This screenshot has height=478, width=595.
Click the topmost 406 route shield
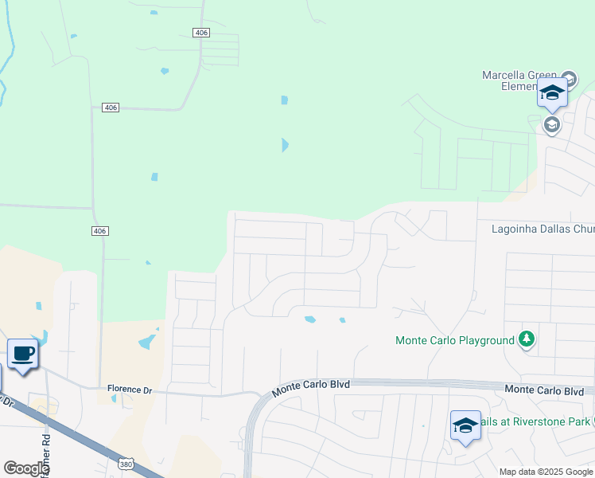[200, 32]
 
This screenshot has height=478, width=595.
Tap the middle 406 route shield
[111, 108]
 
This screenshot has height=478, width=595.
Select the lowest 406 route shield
[99, 231]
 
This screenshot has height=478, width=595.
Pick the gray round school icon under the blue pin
[551, 124]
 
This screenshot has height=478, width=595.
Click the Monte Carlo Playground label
[455, 340]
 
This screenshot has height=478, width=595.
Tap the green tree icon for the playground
[526, 339]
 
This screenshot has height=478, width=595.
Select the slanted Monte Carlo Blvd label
[310, 388]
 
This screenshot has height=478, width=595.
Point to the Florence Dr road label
[129, 390]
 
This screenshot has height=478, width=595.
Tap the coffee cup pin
[23, 353]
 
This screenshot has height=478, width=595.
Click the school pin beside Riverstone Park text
[465, 425]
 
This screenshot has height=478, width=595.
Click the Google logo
[26, 468]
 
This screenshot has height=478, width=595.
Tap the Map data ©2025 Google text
[546, 472]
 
